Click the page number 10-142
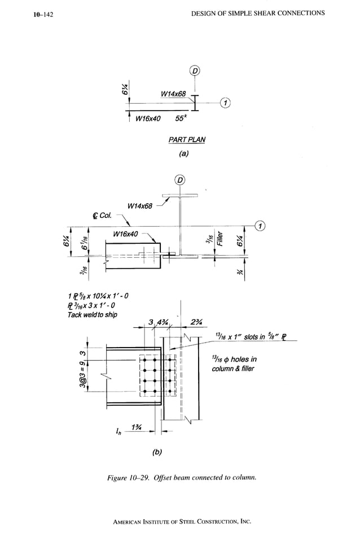pos(43,15)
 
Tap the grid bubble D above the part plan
pos(195,71)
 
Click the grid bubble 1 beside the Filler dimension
pos(260,226)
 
